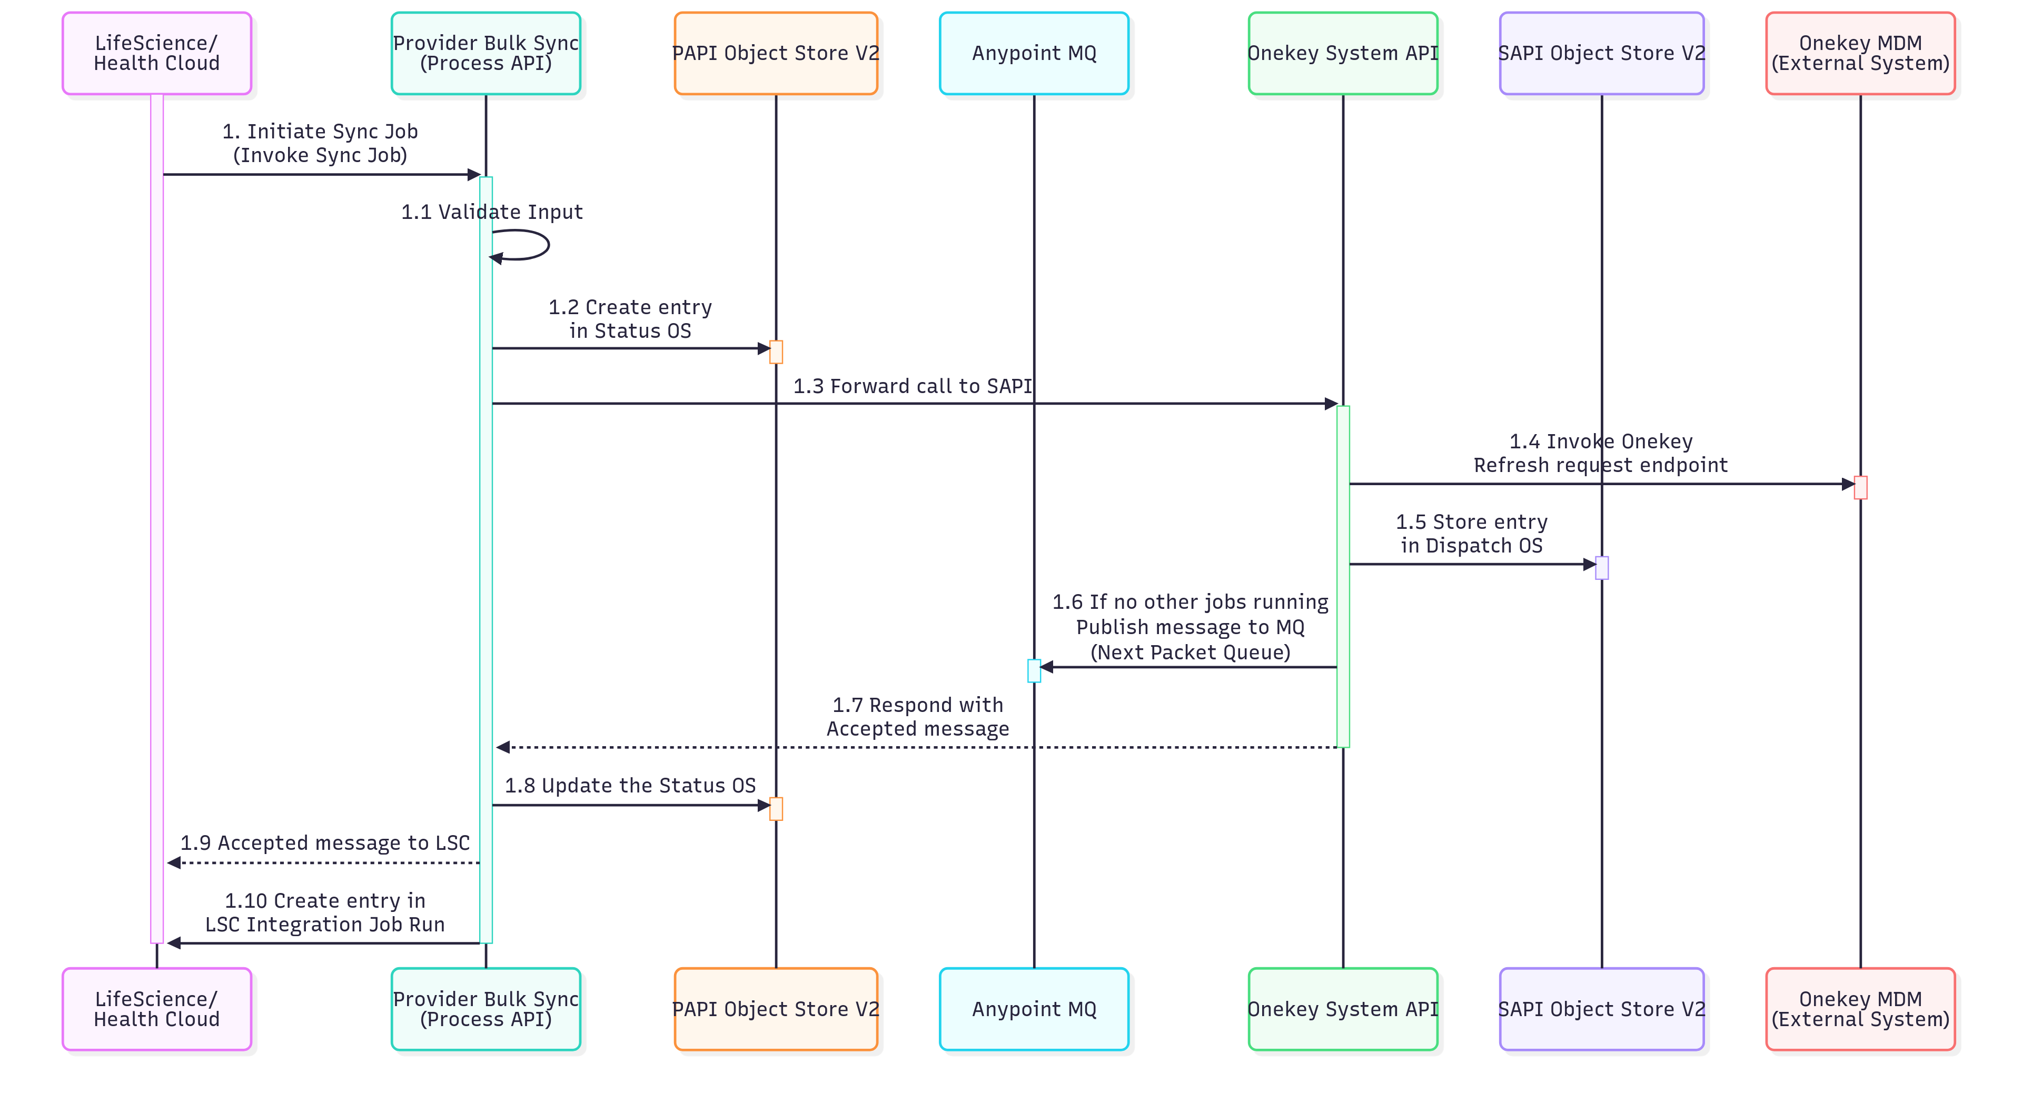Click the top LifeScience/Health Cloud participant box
[157, 53]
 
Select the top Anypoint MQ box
[1034, 53]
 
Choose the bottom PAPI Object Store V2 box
[776, 1009]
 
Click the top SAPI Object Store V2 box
[1601, 53]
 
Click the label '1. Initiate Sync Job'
[320, 132]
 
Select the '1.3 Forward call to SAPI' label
[912, 386]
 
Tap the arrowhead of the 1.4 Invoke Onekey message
[1847, 484]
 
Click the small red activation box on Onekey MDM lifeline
[1860, 487]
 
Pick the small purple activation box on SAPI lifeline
[1601, 568]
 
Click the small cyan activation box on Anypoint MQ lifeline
[1034, 671]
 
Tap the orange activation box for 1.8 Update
[776, 809]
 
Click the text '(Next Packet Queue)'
[1190, 652]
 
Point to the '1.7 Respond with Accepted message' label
[918, 716]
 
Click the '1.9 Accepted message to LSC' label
[325, 842]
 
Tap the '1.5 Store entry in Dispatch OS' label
[1471, 534]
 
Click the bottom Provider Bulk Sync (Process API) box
[486, 1009]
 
